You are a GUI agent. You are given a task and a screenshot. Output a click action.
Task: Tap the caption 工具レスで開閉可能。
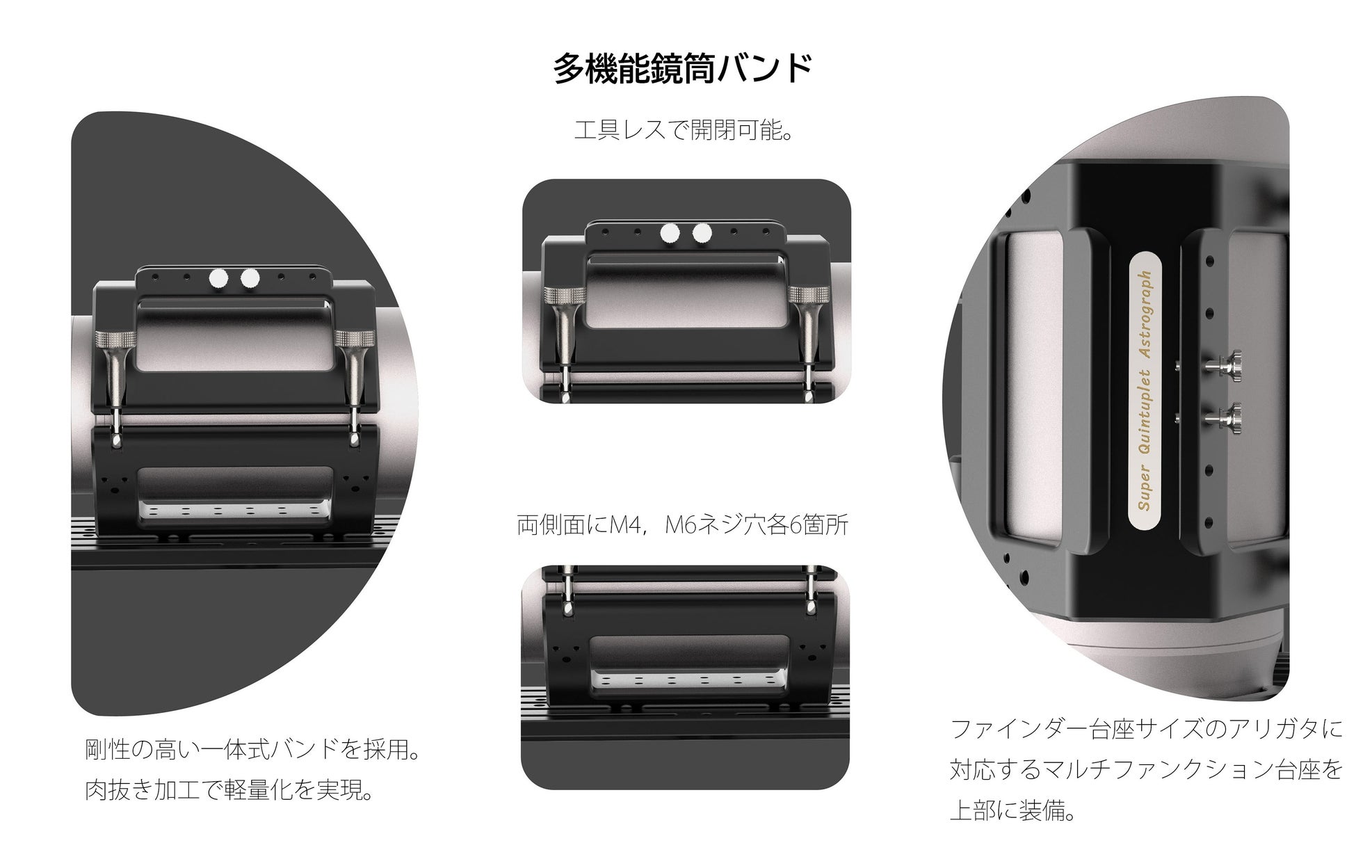pos(684,130)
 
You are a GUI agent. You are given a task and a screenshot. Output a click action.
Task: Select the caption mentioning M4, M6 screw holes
pos(682,524)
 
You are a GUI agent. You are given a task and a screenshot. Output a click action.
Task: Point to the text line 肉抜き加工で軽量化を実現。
pos(229,789)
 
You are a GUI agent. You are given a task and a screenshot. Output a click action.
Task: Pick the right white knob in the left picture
pos(249,279)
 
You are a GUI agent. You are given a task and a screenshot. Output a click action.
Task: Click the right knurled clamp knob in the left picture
pos(355,339)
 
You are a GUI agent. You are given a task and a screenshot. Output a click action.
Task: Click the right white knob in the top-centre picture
pos(702,233)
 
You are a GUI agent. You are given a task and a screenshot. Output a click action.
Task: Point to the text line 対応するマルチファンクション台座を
pos(1146,769)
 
